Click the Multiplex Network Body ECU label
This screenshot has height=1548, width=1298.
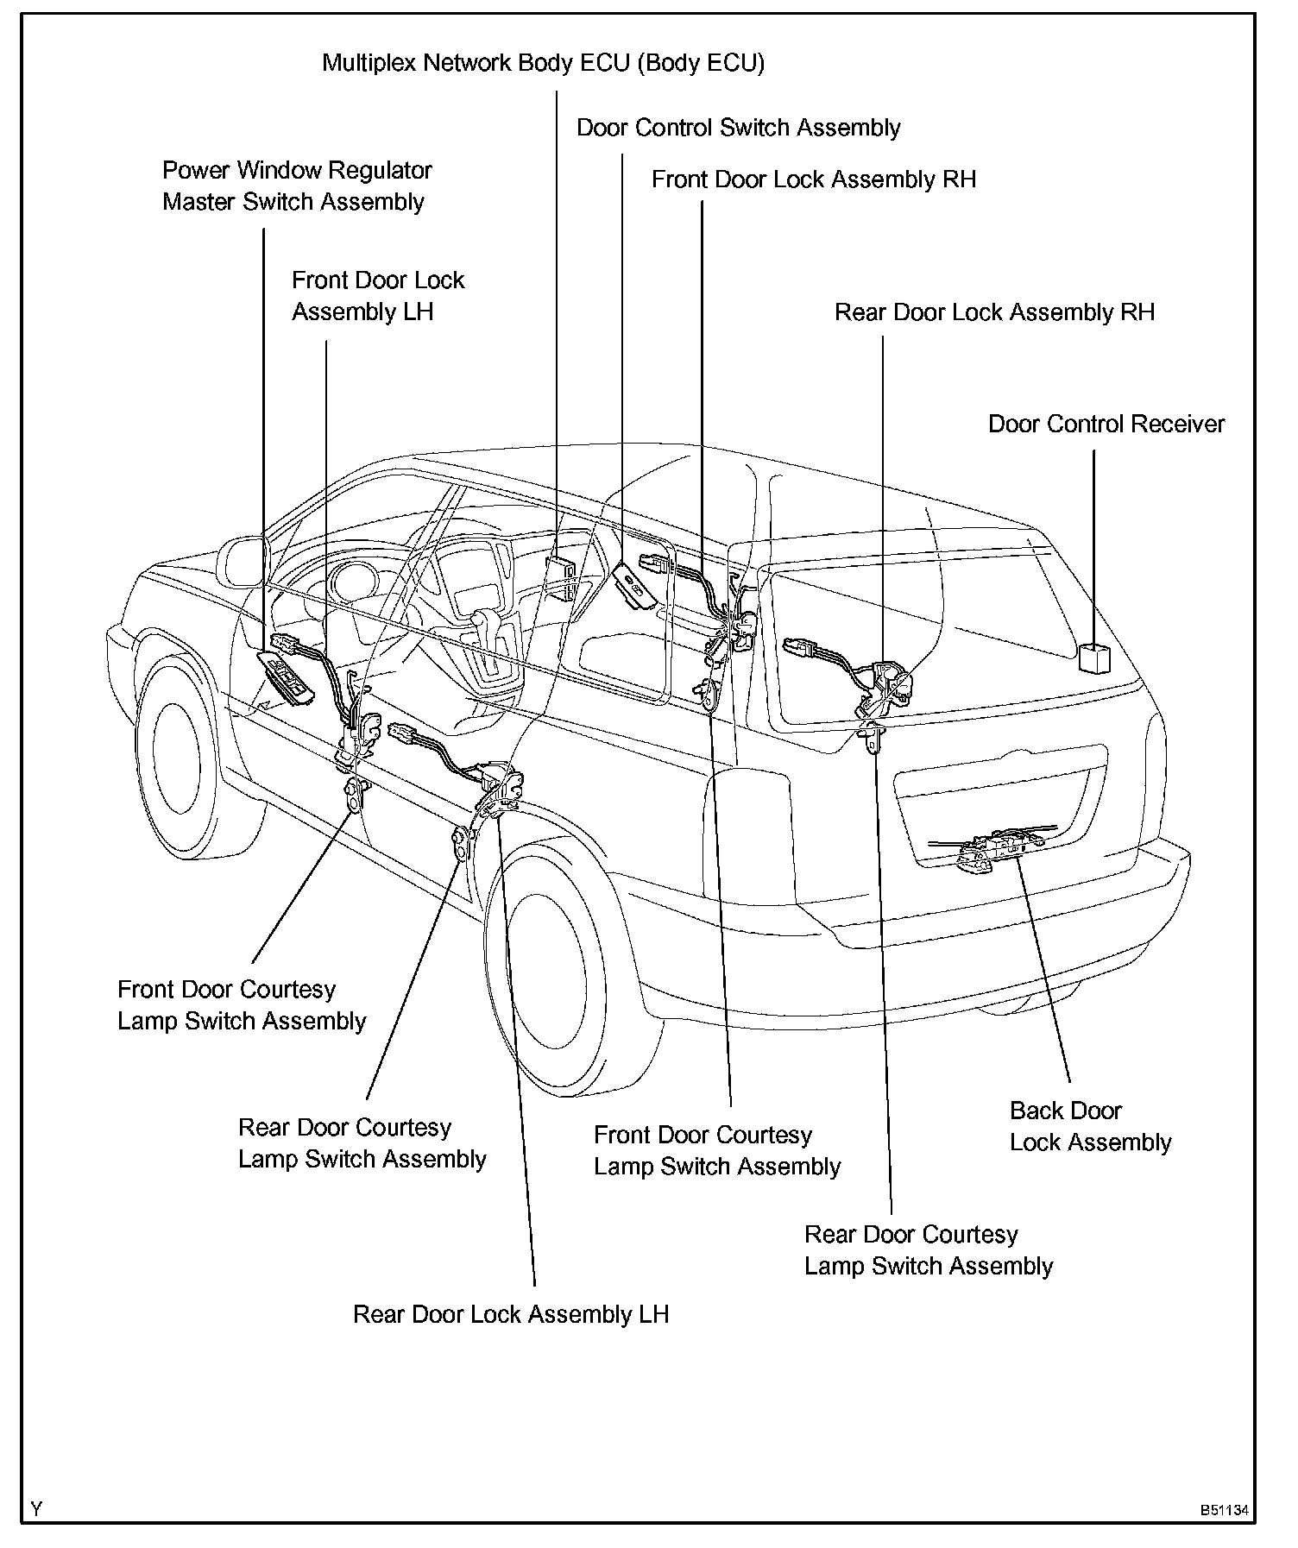click(543, 63)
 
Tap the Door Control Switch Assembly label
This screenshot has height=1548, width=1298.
click(738, 128)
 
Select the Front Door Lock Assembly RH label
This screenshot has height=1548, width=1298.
click(813, 179)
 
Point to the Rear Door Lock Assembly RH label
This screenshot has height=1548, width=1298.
click(993, 312)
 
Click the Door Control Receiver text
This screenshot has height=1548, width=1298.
click(1106, 424)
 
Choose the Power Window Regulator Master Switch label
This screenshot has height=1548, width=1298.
click(296, 186)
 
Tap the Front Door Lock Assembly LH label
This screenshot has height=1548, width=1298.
click(377, 296)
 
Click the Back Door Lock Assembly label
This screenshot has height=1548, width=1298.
click(1089, 1126)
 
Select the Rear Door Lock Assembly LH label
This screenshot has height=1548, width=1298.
click(511, 1314)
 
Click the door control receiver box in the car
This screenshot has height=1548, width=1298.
click(1093, 657)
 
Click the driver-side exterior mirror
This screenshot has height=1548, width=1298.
click(244, 562)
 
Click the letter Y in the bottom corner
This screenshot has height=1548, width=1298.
click(36, 1508)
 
